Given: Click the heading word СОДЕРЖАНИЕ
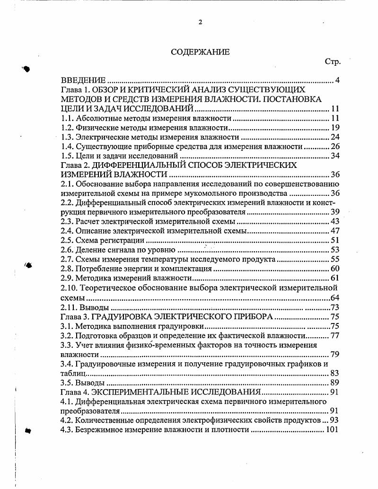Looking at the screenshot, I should point(200,52).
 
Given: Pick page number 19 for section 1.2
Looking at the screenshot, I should point(335,128).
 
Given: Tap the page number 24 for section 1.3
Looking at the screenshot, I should point(335,137).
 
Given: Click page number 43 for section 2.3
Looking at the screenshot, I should point(335,221).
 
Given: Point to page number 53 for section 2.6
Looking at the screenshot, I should point(335,250).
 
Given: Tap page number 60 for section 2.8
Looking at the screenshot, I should point(335,269).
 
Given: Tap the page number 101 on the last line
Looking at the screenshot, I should point(333,430).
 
